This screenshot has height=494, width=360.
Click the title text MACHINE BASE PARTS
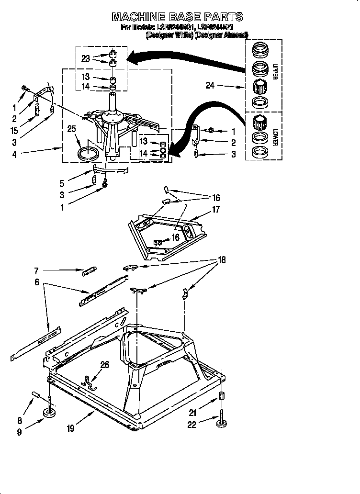point(177,17)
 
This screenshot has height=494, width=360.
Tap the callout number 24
point(210,86)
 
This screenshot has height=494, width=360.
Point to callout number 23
point(86,58)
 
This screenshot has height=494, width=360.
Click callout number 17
point(216,209)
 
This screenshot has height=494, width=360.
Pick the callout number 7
point(36,270)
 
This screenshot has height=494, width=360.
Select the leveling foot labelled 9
point(50,412)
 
